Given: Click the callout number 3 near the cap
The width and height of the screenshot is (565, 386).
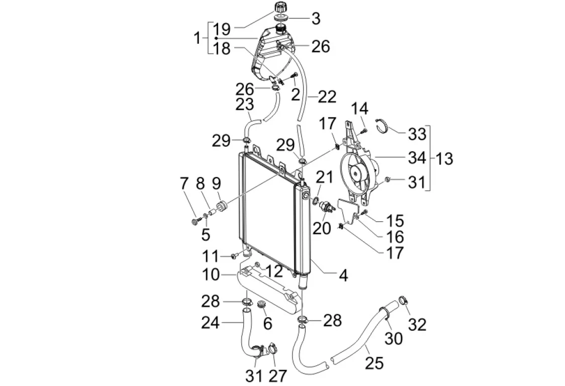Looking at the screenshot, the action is [316, 19].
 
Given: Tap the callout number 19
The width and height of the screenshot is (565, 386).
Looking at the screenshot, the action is [222, 29].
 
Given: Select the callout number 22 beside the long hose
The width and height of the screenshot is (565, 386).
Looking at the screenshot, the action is [327, 97].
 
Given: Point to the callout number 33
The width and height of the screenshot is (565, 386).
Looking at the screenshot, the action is [417, 134].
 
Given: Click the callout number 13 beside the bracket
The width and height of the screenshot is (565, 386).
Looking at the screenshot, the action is [444, 158].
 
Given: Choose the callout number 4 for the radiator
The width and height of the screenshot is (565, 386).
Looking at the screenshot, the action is [343, 276].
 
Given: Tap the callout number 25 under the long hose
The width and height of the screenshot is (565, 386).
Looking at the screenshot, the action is [374, 363].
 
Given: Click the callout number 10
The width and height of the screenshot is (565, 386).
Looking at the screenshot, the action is [211, 274].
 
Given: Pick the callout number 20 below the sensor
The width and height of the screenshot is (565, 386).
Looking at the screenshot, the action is [322, 228].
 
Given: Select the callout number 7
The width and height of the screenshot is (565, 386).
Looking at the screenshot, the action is [184, 184].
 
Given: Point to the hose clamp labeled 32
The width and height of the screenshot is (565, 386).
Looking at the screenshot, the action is [404, 300].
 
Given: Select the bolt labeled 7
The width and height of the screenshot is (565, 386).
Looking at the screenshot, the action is [196, 220].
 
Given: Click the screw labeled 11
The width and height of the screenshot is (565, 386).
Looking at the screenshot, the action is [235, 256].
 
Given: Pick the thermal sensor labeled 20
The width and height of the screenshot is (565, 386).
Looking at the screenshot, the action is [325, 206].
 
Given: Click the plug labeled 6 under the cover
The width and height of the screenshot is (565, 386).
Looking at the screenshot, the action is [261, 305].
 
